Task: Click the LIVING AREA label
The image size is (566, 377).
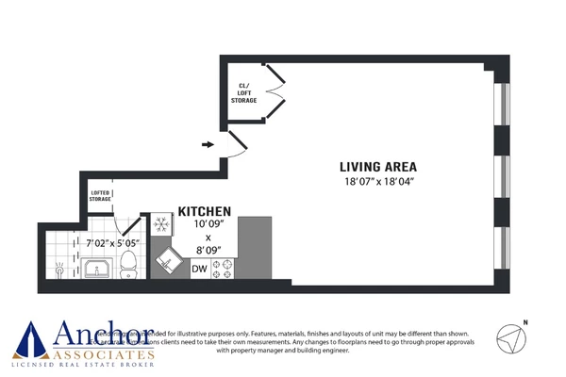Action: (x=377, y=166)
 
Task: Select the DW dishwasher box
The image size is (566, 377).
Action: (x=199, y=270)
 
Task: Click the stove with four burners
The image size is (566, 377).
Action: (x=224, y=270)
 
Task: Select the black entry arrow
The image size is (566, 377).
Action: (x=208, y=144)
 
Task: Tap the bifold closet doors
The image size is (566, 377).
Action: (x=274, y=93)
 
